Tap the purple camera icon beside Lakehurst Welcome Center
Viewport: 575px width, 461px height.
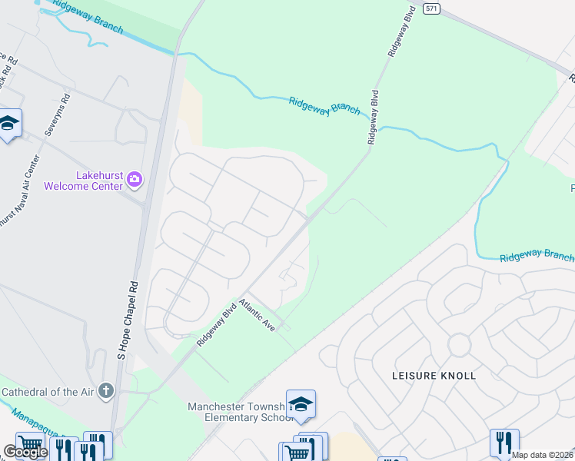[135, 179]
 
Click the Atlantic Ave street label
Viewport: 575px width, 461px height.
[257, 315]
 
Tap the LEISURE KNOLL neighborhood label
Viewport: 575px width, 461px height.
[434, 376]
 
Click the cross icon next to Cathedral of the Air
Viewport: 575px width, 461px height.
[106, 392]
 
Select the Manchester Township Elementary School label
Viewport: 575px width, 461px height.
[238, 413]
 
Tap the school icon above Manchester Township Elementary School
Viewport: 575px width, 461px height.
[301, 404]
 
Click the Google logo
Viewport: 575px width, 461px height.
[25, 452]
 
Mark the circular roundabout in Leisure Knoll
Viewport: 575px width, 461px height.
[459, 345]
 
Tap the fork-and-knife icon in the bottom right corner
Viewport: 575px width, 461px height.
[504, 442]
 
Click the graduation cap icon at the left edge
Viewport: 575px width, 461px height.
[8, 124]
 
